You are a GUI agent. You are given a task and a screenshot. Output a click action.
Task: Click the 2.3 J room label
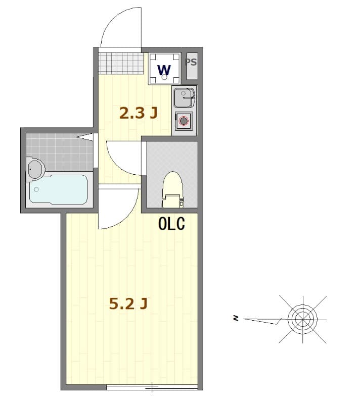tap(138, 113)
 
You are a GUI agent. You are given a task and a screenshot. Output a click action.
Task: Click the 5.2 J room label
tap(128, 304)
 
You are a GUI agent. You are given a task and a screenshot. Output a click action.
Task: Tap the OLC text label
tap(171, 223)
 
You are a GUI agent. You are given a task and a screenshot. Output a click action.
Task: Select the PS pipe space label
tap(191, 63)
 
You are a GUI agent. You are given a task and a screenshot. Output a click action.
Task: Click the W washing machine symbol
tap(164, 69)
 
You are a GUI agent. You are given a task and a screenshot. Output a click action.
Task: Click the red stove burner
tap(183, 121)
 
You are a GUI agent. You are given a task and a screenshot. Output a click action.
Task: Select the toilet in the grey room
tap(172, 189)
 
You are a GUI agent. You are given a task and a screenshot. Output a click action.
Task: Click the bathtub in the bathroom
tap(58, 189)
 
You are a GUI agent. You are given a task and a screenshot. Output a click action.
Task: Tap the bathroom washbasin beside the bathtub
tap(34, 169)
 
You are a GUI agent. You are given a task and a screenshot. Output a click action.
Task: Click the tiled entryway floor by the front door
tap(120, 63)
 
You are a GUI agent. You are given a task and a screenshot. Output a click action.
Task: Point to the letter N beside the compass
tap(235, 318)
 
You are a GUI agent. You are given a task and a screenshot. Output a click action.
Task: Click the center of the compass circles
tap(302, 319)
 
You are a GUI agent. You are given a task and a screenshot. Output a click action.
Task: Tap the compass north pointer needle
tap(263, 320)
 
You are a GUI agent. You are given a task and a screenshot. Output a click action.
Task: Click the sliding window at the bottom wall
tap(152, 387)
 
